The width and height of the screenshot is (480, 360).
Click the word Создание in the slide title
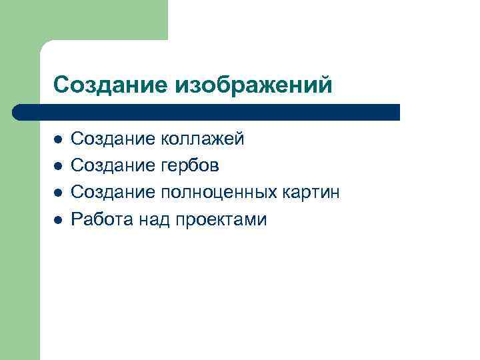tap(111, 85)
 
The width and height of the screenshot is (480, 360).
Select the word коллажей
tap(203, 139)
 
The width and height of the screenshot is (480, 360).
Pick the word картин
tap(313, 193)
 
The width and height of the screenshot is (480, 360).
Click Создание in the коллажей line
tap(113, 139)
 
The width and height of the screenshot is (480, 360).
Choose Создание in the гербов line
tap(113, 165)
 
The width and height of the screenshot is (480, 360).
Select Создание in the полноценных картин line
tap(113, 193)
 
